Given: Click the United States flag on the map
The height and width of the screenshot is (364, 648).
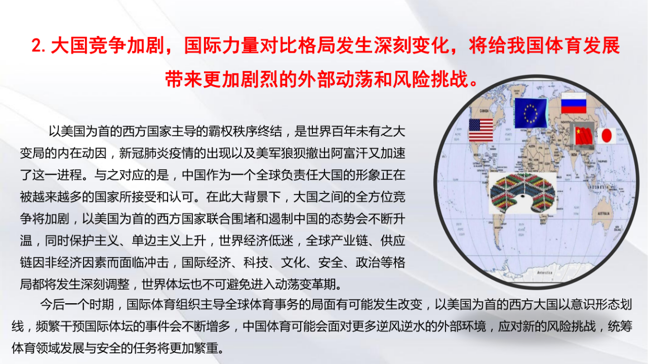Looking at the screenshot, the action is click(481, 130).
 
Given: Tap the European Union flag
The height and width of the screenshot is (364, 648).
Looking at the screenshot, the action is click(531, 113).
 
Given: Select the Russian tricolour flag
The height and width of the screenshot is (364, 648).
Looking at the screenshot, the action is click(574, 103).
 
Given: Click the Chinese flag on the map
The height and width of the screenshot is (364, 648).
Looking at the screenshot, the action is click(583, 136).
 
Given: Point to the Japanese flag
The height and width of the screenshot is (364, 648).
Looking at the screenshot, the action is click(606, 136).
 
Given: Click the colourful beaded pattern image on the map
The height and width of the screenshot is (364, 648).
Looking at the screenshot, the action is click(522, 193).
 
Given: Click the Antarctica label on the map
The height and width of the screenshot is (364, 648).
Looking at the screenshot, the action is click(544, 272).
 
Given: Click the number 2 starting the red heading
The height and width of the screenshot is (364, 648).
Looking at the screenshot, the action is click(36, 46).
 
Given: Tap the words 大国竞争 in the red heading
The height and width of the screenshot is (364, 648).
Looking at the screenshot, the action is click(88, 46).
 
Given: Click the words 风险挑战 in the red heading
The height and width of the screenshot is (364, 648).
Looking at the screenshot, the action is click(430, 79).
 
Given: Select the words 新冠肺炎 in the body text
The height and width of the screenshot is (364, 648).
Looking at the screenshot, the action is click(144, 153).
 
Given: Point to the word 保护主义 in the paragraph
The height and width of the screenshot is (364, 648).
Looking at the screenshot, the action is click(94, 241).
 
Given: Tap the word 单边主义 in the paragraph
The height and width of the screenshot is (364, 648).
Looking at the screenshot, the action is click(156, 241).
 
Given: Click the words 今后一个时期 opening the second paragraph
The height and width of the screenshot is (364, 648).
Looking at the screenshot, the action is click(77, 304).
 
